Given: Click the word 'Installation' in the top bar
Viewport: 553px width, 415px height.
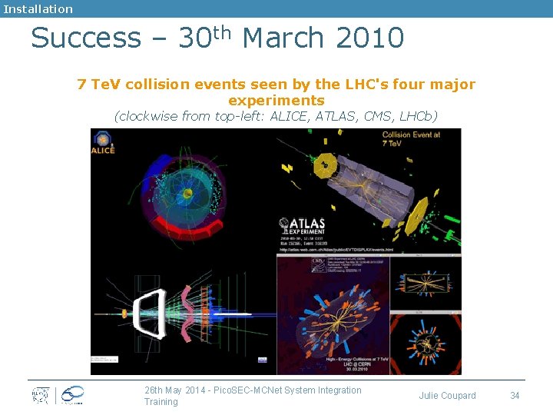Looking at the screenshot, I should pos(38,9).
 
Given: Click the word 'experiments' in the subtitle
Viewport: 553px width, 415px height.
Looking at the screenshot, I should pos(276,101).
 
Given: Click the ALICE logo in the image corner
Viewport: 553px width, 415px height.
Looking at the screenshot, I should pos(102,143).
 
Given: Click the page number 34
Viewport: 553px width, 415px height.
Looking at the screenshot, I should pos(515,396).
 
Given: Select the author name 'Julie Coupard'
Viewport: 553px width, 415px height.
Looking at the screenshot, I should pos(447,396).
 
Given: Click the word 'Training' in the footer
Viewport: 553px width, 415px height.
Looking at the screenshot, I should pos(161,402).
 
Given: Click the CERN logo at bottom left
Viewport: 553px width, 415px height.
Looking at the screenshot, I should pos(40,395).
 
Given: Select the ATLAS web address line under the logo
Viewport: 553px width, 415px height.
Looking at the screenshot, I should pos(336,250).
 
